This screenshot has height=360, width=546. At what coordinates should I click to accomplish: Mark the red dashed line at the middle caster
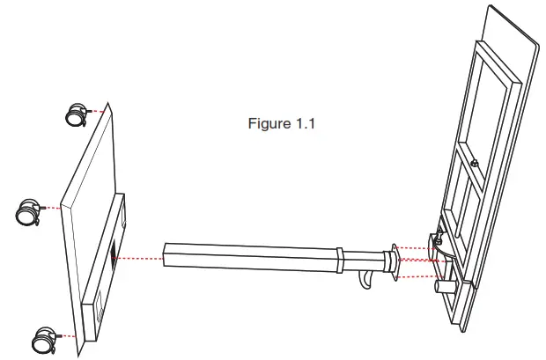click(x=53, y=209)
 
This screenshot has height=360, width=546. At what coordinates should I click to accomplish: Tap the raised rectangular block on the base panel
click(x=108, y=264)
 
